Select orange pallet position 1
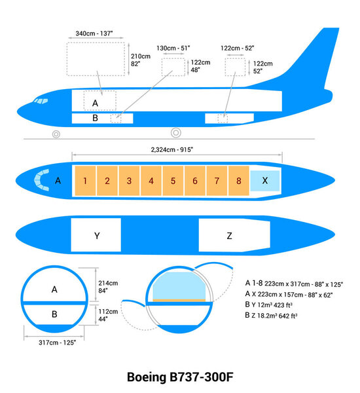(x=85, y=180)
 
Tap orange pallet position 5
(x=173, y=180)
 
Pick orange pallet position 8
(x=239, y=180)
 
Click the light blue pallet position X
(x=264, y=180)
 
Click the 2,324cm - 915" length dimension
(x=172, y=149)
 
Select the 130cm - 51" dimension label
(x=173, y=48)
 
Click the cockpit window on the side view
(x=41, y=102)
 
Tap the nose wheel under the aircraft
(x=56, y=134)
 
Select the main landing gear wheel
(x=175, y=133)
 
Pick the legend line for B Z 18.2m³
(x=271, y=316)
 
